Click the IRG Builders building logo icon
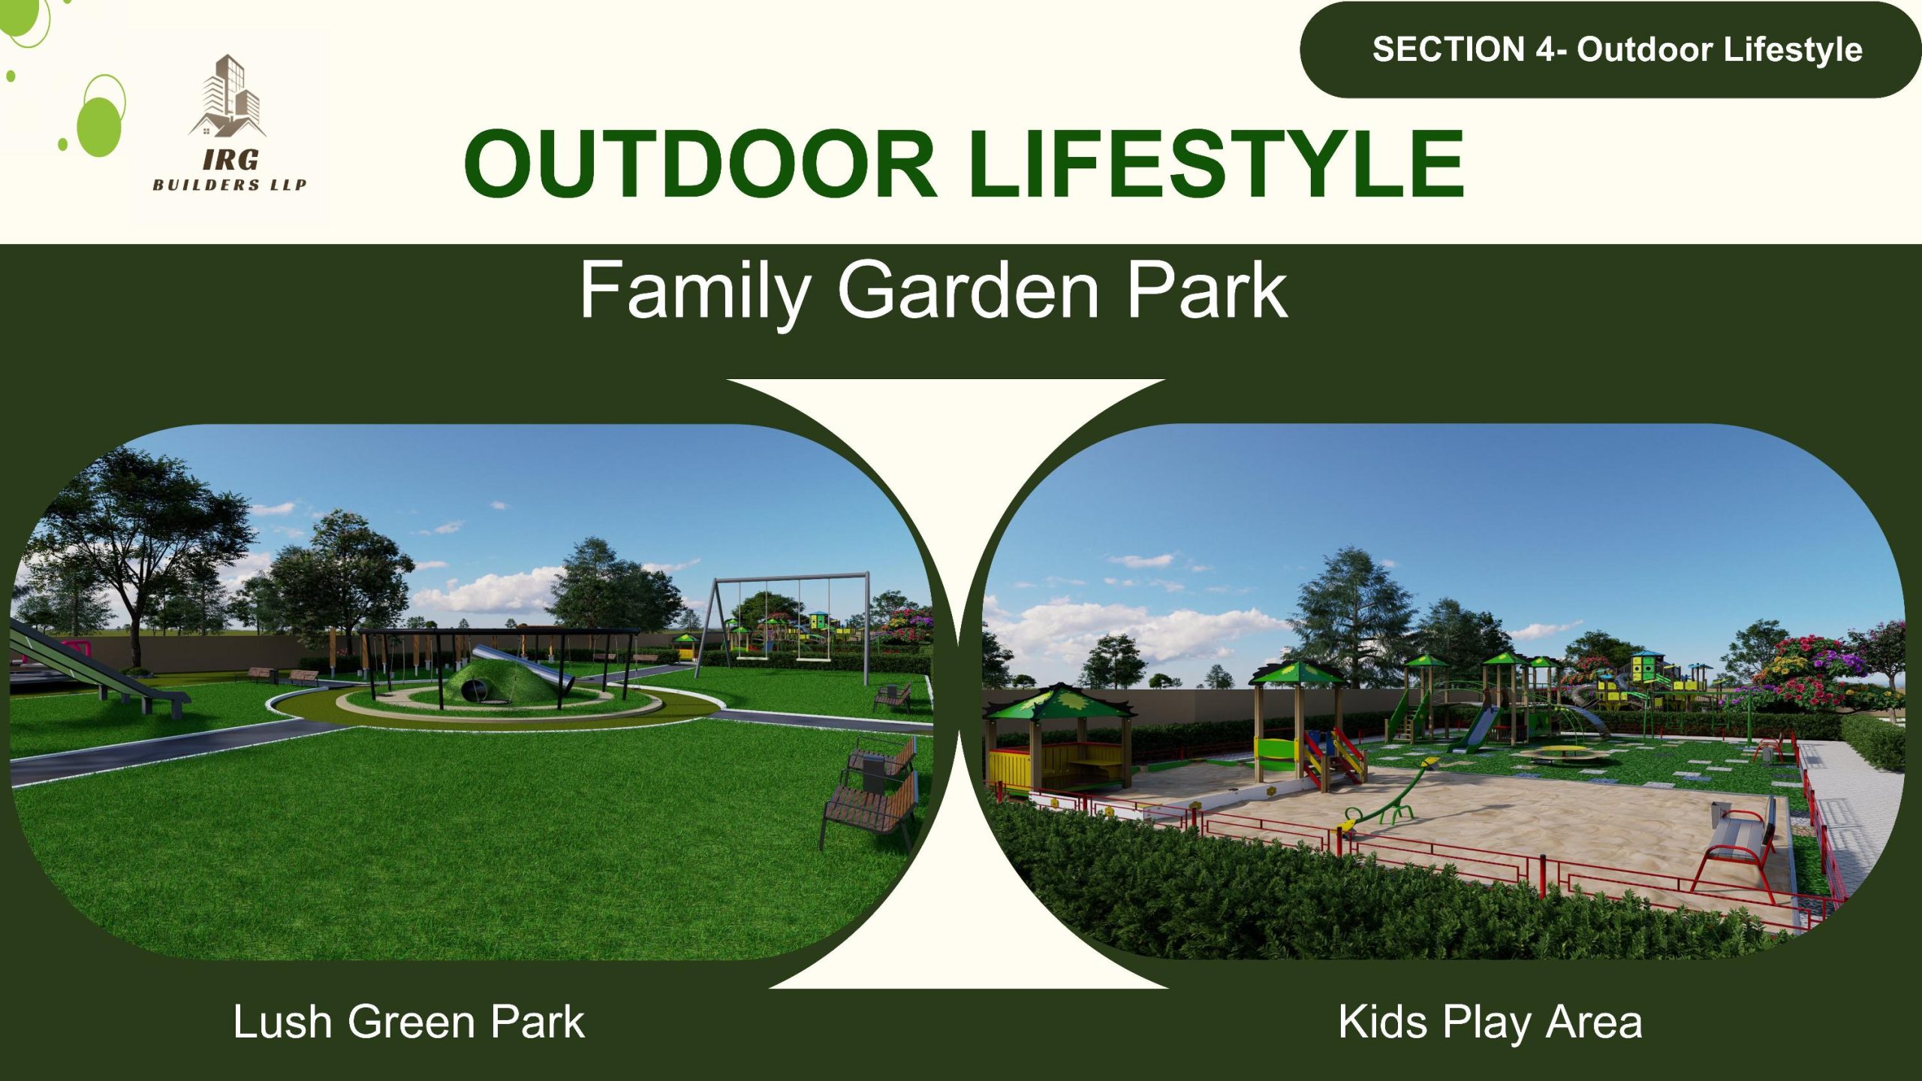tap(227, 96)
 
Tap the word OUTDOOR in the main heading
tap(700, 164)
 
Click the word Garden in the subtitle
tap(969, 290)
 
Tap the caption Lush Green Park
tap(408, 1022)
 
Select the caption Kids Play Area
tap(1490, 1023)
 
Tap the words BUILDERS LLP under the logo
tap(229, 185)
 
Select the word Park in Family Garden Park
tap(1207, 290)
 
